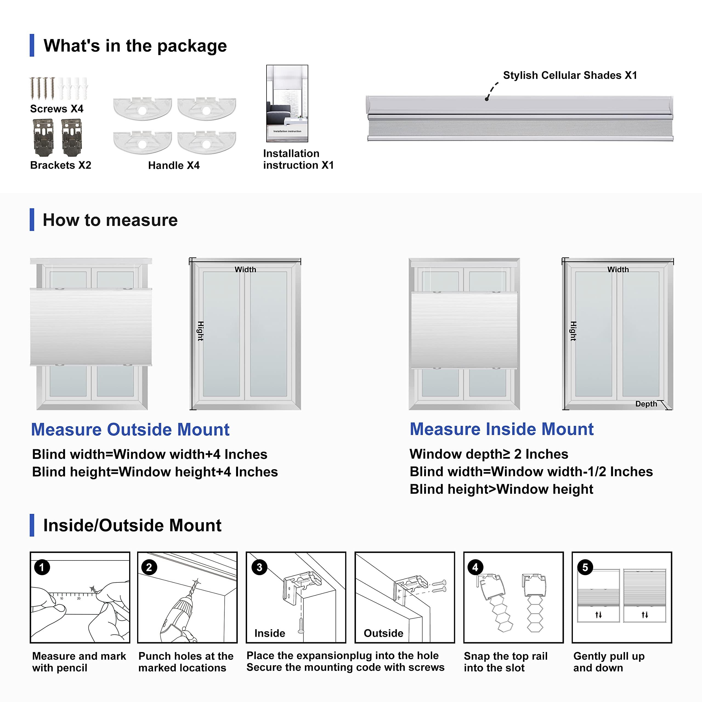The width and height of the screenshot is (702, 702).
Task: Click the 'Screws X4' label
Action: point(57,109)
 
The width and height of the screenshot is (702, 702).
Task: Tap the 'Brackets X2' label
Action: point(61,165)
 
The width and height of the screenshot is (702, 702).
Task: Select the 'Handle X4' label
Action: point(174,165)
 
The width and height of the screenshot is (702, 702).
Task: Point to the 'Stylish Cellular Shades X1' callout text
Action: point(570,75)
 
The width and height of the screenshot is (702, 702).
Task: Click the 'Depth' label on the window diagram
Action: point(646,404)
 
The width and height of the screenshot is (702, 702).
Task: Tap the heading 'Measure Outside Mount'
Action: point(130,429)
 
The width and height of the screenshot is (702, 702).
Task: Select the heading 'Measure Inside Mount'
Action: point(502,429)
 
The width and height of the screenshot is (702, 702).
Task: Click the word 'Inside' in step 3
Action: point(270,633)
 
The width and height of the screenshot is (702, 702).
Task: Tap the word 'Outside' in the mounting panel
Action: point(383,633)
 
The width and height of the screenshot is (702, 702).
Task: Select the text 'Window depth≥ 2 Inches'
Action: point(489,454)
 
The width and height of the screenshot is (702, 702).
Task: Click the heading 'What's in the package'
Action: point(135,46)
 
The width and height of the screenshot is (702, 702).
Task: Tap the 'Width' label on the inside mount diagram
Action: point(618,270)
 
